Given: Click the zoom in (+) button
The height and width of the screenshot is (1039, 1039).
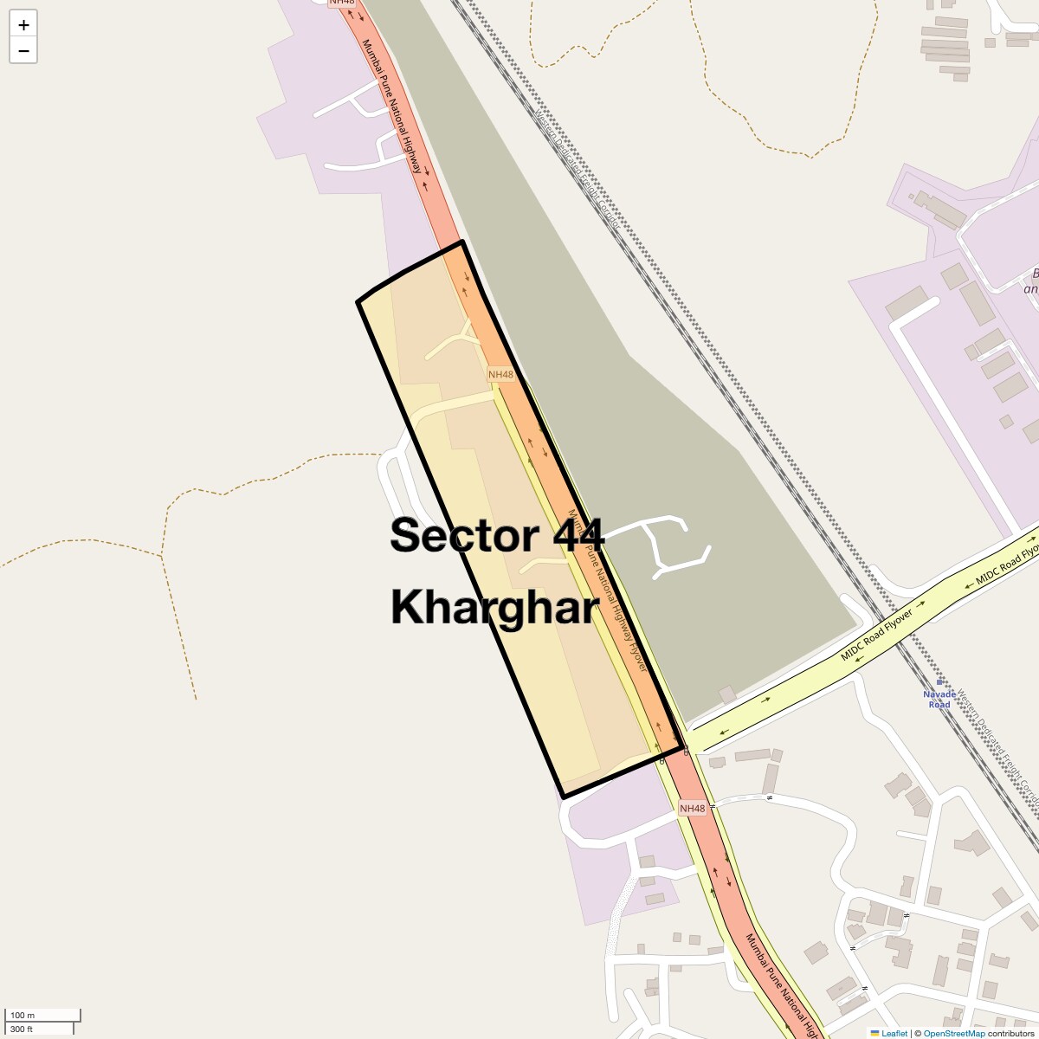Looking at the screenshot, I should click(23, 25).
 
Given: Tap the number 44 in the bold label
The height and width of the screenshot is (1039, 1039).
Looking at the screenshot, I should click(572, 535).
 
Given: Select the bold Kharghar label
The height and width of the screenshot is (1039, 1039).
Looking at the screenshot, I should click(494, 607).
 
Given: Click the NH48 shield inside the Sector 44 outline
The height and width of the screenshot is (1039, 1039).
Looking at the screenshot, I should click(500, 375).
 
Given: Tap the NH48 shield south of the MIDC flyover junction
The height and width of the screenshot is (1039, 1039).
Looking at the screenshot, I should click(693, 809).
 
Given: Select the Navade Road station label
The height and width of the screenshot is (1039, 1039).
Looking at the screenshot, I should click(939, 700).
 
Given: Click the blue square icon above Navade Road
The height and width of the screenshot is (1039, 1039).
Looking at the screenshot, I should click(939, 682).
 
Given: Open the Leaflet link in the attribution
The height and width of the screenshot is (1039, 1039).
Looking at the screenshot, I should click(894, 1033).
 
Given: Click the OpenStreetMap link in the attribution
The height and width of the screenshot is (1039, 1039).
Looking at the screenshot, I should click(954, 1033).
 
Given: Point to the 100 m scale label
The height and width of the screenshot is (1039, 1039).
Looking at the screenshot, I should click(23, 1015).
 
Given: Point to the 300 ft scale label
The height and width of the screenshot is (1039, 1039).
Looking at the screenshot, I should click(22, 1029).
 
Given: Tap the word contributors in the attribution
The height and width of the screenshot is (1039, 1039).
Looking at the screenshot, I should click(1010, 1033).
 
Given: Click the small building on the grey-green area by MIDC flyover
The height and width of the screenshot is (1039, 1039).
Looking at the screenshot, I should click(727, 694).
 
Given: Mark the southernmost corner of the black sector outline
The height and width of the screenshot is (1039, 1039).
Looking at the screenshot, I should click(564, 797).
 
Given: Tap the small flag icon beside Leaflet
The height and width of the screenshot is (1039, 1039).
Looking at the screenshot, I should click(875, 1033).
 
